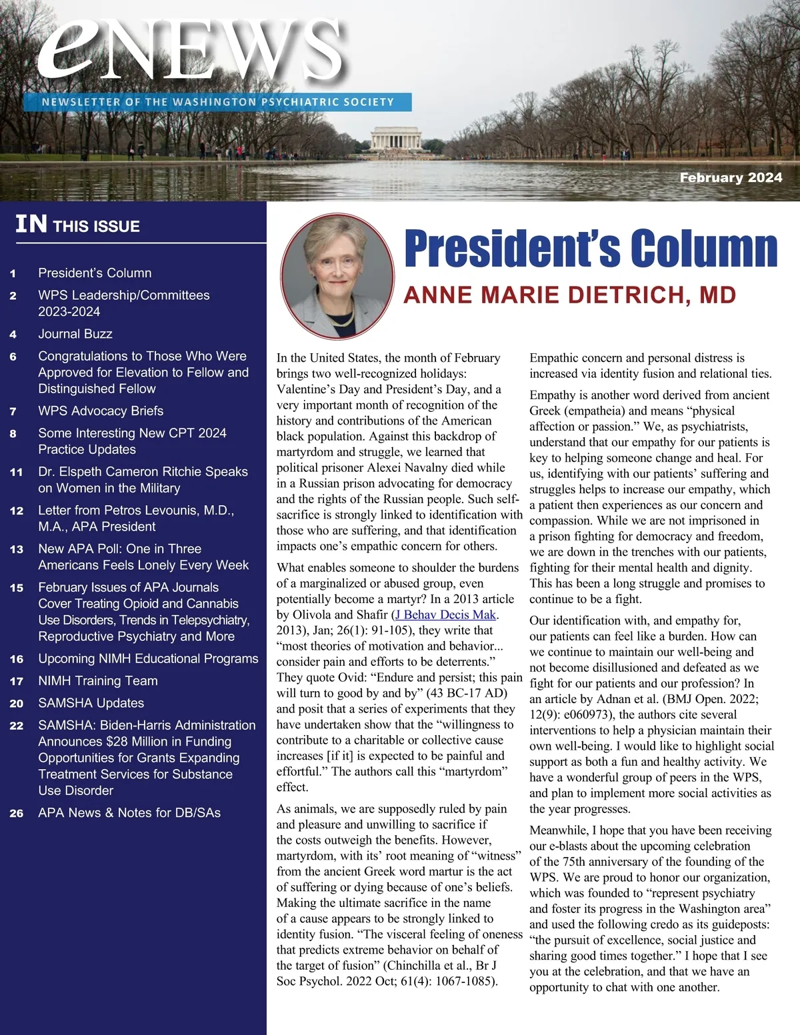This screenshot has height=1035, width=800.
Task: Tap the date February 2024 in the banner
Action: coord(731,177)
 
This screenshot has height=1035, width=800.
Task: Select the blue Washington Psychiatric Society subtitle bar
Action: coord(217,102)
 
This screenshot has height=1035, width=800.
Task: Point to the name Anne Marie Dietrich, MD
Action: coord(569,295)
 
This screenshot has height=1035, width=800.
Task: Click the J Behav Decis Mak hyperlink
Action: coord(445,614)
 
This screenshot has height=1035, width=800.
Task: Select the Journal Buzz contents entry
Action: coord(75,334)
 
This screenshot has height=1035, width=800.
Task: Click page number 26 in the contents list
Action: coord(17,813)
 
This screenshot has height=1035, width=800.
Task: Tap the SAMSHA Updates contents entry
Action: coord(91,703)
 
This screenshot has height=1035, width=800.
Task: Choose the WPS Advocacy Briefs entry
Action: coord(101,411)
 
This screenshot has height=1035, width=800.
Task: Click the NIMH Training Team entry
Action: coord(98,681)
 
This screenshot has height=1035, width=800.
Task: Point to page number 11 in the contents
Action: coord(17,472)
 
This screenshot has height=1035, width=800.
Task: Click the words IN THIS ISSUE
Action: coord(78,225)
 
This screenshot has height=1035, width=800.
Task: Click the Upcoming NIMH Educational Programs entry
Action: coord(148,658)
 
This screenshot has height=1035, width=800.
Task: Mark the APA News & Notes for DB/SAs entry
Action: coord(129,813)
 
